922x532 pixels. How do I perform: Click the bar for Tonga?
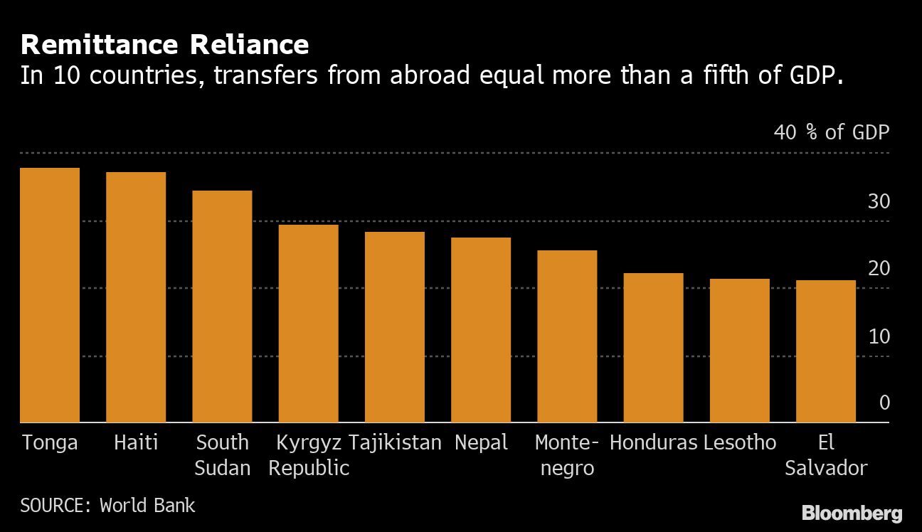[50, 295]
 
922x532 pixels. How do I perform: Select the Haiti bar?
[136, 297]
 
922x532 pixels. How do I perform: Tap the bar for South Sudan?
[222, 307]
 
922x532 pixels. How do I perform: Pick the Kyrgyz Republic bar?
[308, 324]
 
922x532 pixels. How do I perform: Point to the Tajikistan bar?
[394, 327]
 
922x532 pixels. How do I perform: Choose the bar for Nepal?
[481, 330]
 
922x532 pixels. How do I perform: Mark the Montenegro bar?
[567, 336]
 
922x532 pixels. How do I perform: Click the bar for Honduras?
[653, 348]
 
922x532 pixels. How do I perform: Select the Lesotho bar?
[739, 351]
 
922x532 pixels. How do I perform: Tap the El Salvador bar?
[825, 351]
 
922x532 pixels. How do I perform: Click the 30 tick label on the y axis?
[879, 202]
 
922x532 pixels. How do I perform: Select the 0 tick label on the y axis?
[884, 403]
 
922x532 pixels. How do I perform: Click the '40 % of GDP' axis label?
[831, 132]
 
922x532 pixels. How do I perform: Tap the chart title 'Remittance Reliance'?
[164, 45]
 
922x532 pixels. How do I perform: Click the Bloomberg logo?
[852, 513]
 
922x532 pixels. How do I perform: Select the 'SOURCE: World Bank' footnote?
[107, 506]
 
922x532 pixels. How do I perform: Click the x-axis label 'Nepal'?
[481, 442]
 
